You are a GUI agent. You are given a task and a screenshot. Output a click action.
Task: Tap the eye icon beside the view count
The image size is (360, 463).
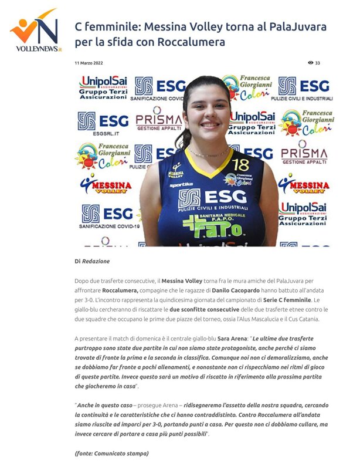310,63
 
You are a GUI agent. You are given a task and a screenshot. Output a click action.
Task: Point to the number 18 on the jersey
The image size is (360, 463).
240,165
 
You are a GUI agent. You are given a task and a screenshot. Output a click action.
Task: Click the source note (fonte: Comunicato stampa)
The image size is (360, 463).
111,453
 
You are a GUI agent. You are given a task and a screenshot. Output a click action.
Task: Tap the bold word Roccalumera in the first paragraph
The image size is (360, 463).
120,290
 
